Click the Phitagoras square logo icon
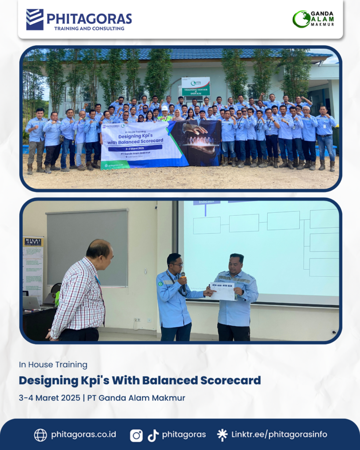coord(35,19)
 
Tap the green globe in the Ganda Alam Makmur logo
coord(302,19)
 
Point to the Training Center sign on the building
coord(196,86)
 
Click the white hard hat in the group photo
coord(165,108)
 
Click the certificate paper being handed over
coord(223,291)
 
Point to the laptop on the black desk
coord(31,303)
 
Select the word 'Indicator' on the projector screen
coord(206,203)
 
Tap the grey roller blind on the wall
coord(87,248)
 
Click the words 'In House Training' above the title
coord(53,365)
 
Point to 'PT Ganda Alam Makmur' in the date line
coord(136,398)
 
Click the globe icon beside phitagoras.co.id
coord(40,435)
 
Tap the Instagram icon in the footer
coord(136,435)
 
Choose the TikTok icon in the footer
coord(153,435)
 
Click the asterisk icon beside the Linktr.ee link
coord(222,435)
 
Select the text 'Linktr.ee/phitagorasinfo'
coord(279,435)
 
